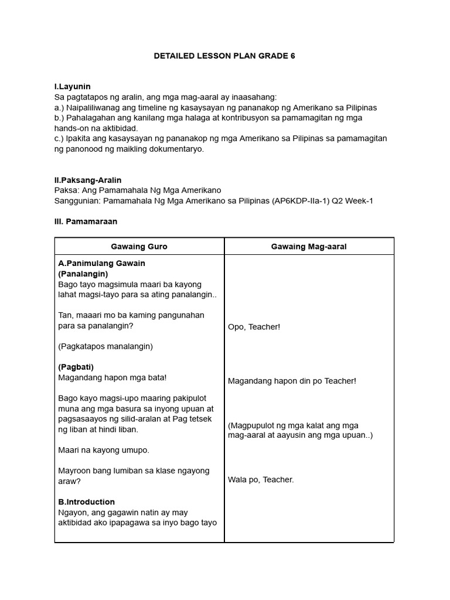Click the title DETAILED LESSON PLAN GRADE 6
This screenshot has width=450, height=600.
pyautogui.click(x=224, y=56)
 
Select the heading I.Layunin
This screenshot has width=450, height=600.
pyautogui.click(x=72, y=87)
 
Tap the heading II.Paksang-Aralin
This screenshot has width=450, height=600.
pyautogui.click(x=88, y=180)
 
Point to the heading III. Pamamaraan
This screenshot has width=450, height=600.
pyautogui.click(x=86, y=222)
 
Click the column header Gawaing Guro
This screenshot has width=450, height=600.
pyautogui.click(x=139, y=247)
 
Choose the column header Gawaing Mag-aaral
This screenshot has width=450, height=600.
pyautogui.click(x=309, y=247)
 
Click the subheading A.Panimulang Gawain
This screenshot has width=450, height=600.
pyautogui.click(x=101, y=263)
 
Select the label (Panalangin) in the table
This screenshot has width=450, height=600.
pyautogui.click(x=83, y=274)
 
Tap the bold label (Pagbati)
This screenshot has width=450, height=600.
pyautogui.click(x=77, y=367)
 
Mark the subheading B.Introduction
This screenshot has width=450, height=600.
pyautogui.click(x=87, y=502)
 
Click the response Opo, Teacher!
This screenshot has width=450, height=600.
pyautogui.click(x=254, y=327)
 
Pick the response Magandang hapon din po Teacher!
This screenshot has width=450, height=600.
pyautogui.click(x=292, y=381)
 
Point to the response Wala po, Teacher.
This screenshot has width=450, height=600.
pyautogui.click(x=261, y=480)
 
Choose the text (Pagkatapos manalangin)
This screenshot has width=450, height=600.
pyautogui.click(x=105, y=346)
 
